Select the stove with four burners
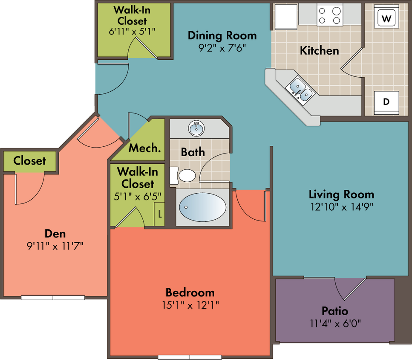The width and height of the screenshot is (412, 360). tap(330, 15)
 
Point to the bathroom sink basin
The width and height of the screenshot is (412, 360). tap(196, 128)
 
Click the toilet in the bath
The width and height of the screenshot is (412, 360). tap(183, 175)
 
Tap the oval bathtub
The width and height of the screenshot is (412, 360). tap(202, 207)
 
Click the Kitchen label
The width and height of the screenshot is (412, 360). tap(319, 50)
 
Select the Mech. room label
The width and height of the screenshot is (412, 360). tap(144, 148)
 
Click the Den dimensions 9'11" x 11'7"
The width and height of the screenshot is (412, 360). tap(55, 247)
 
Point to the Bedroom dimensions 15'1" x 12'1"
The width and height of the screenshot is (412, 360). tap(190, 305)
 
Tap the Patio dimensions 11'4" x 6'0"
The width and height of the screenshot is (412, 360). tap(335, 323)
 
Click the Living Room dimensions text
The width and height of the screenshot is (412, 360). tap(342, 207)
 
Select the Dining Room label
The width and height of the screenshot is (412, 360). tap(222, 35)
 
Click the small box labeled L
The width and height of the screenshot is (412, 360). tap(159, 214)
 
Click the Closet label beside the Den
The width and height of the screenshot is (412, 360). tap(29, 161)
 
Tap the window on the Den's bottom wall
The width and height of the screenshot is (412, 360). tap(53, 298)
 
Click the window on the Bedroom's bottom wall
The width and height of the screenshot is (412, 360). tap(190, 357)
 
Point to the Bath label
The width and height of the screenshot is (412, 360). tap(193, 152)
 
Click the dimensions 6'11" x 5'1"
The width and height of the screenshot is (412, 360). tap(132, 32)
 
